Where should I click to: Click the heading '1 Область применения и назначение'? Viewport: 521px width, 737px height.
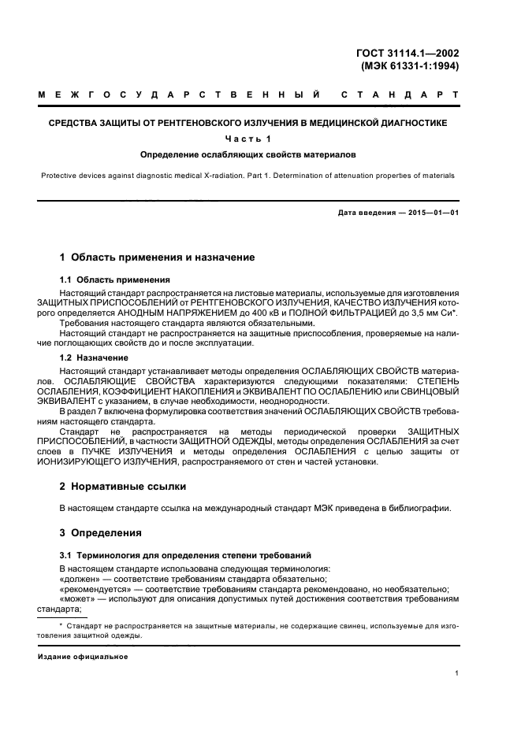coord(158,257)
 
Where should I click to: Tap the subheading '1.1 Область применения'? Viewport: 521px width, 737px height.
coord(115,280)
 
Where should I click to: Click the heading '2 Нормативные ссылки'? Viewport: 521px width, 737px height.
coord(124,487)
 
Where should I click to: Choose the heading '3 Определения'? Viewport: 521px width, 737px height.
coord(101,532)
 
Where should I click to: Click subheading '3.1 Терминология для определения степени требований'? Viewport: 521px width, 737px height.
coord(186,555)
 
